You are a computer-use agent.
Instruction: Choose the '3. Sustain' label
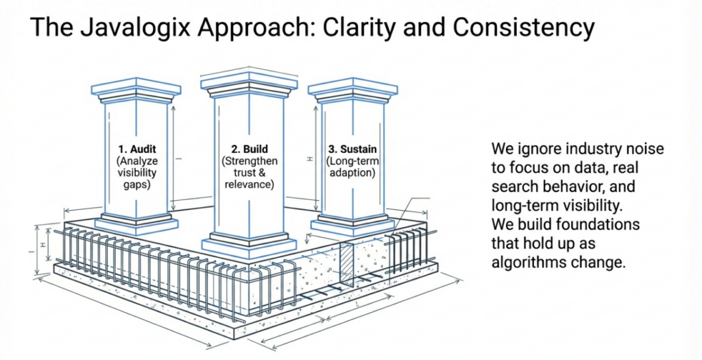(x=352, y=148)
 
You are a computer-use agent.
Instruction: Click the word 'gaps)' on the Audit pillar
(x=136, y=185)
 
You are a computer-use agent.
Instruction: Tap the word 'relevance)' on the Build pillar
(x=248, y=185)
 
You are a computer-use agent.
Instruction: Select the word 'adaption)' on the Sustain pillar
(x=352, y=173)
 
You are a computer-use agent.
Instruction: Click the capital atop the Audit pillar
(x=136, y=91)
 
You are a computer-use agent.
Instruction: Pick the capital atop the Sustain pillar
(x=352, y=90)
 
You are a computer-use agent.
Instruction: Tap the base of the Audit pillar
(x=136, y=222)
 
